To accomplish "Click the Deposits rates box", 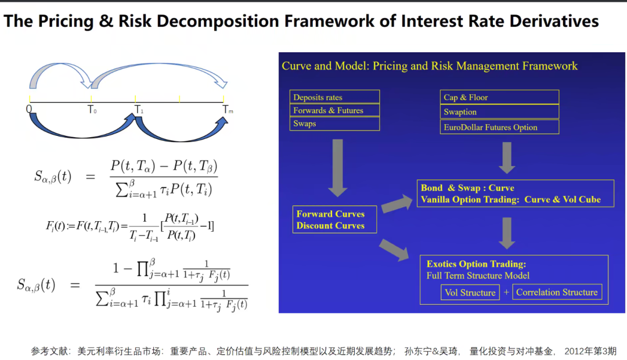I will tap(334, 97).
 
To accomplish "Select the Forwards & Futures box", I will tap(334, 110).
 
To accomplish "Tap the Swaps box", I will tap(334, 124).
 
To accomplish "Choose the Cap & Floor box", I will tap(500, 97).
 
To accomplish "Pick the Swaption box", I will tap(500, 112).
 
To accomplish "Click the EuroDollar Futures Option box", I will tap(500, 127).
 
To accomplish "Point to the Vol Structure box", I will tap(470, 292).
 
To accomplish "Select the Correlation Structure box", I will tap(557, 292).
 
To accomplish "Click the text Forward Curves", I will tap(330, 214).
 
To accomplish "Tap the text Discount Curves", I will tap(330, 225).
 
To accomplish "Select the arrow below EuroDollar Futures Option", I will tap(506, 157).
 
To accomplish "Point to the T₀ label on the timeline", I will tap(92, 109).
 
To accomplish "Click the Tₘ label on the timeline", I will tap(228, 109).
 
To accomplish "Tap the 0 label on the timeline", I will tap(29, 109).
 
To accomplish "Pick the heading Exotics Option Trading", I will tap(476, 264).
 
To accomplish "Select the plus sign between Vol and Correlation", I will tap(506, 292).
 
